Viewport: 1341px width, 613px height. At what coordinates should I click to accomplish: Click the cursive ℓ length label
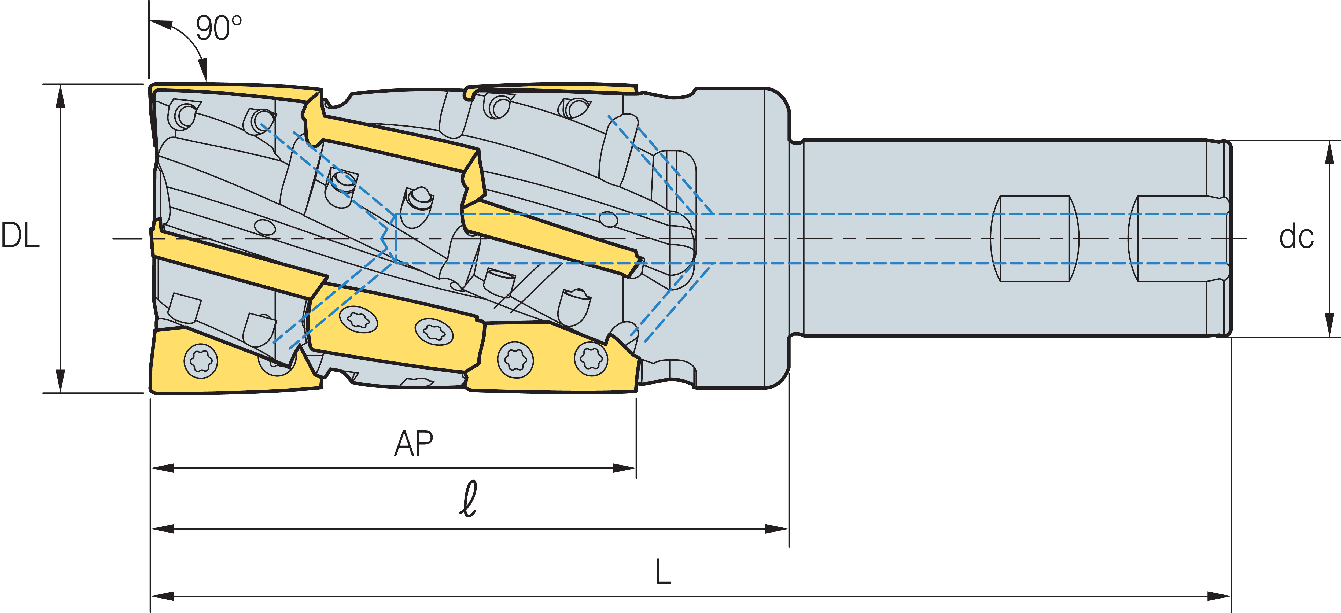pyautogui.click(x=469, y=500)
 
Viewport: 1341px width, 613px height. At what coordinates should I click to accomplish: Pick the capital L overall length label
pyautogui.click(x=663, y=573)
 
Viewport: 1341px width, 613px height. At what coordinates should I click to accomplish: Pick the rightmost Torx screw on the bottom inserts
pyautogui.click(x=591, y=358)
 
